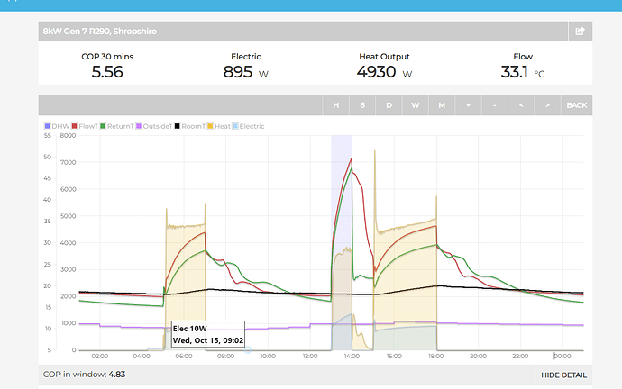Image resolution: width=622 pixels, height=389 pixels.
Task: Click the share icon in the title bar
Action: (581, 32)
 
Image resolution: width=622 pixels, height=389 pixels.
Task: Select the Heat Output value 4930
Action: (376, 72)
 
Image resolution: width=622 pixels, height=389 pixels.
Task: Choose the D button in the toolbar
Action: (389, 105)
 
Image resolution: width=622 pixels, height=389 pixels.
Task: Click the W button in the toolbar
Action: (416, 105)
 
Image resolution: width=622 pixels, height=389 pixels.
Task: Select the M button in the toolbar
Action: (442, 105)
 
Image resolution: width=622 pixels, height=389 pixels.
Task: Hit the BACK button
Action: (576, 105)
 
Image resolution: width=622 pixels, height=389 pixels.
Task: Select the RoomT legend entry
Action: (192, 126)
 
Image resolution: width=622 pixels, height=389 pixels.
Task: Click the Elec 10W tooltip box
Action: (207, 334)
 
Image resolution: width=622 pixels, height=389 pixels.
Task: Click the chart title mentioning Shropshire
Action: (99, 32)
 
